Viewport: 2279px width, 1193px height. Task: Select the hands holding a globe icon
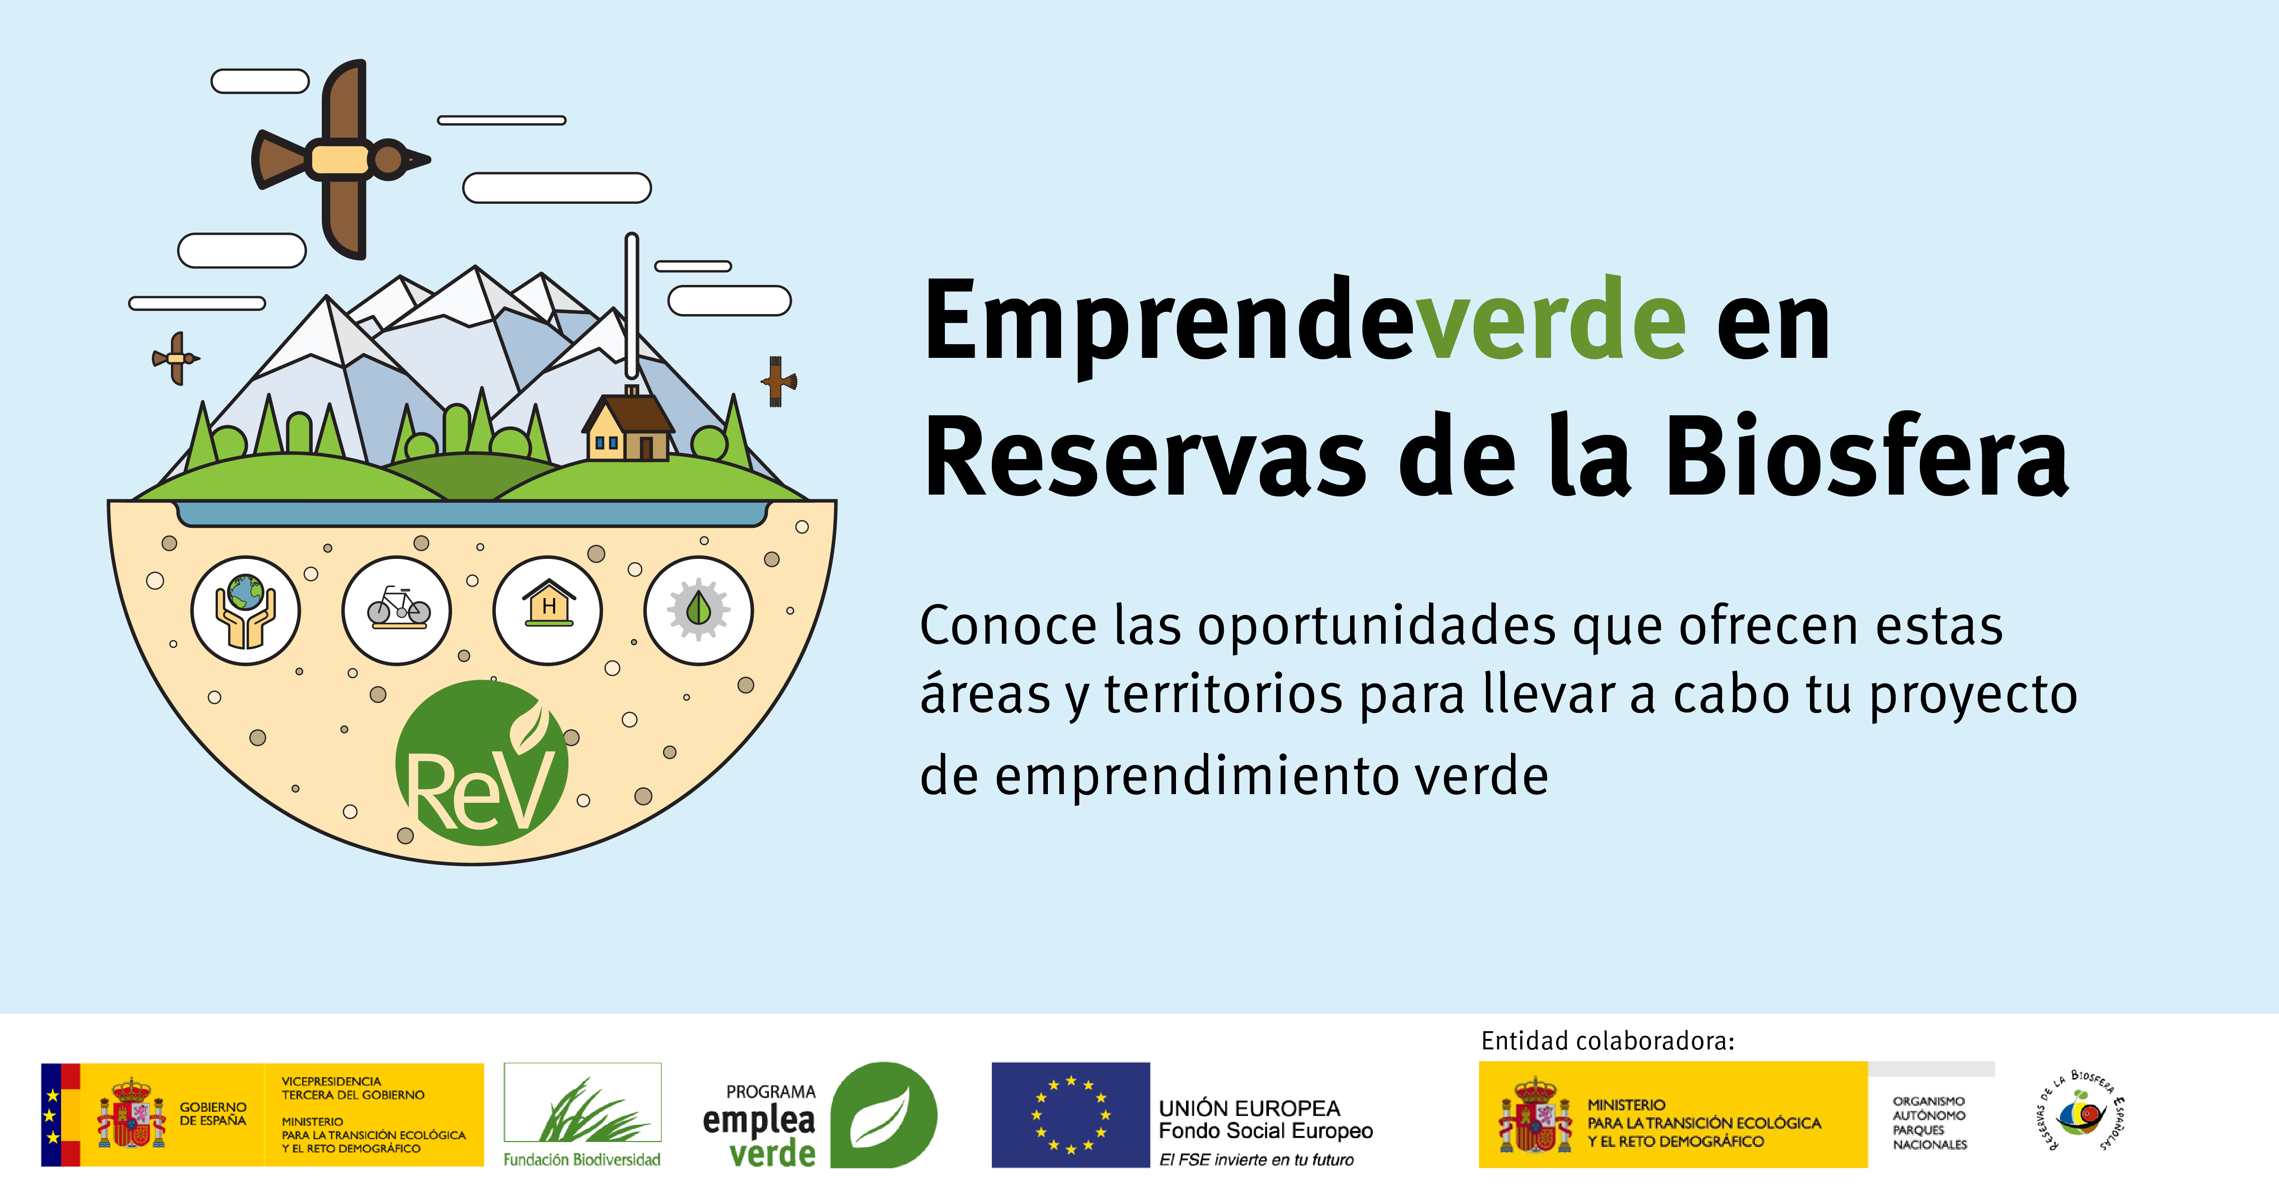click(x=246, y=611)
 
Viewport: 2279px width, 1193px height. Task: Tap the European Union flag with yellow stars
click(x=1071, y=1115)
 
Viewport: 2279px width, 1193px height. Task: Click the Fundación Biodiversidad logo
click(x=582, y=1115)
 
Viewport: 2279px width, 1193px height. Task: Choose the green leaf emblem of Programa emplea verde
click(x=883, y=1115)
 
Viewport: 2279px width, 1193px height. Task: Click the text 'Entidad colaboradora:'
click(x=1608, y=1041)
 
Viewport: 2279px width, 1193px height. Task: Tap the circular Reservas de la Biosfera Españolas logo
click(x=2081, y=1111)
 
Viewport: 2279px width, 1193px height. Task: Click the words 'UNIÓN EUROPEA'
click(x=1249, y=1108)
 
